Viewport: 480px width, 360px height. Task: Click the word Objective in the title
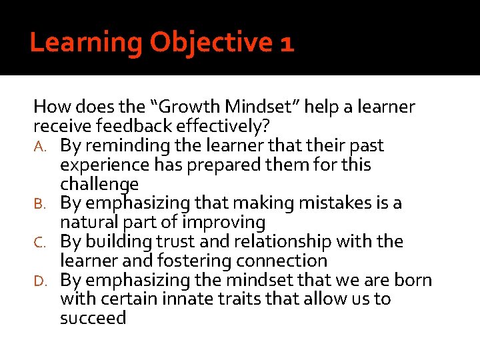pos(209,43)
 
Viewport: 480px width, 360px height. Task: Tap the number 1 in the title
pos(287,43)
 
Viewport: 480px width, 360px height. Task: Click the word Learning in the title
pos(86,43)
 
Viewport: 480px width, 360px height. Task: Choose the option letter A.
pos(39,146)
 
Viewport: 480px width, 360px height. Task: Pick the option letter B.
pos(39,203)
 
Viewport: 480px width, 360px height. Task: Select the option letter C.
pos(39,242)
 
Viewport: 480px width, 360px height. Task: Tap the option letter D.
pos(39,281)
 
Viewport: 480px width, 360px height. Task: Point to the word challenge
pos(99,184)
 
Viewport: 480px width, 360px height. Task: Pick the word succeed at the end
pos(93,318)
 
